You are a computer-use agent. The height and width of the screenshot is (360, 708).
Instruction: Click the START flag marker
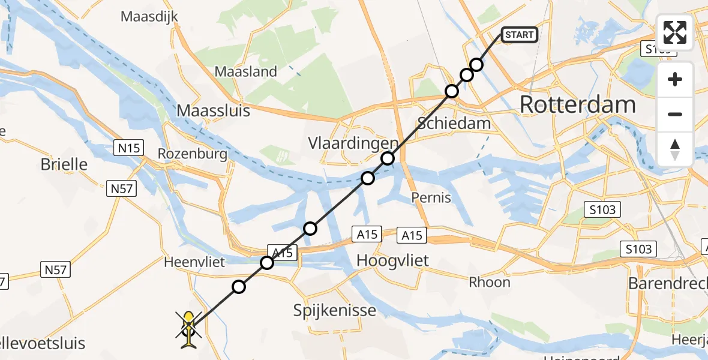tap(519, 35)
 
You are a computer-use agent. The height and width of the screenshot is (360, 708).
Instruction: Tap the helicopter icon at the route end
tap(189, 329)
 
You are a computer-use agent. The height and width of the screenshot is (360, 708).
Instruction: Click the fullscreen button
tap(675, 32)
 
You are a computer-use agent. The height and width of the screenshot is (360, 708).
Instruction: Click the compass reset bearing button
tap(675, 149)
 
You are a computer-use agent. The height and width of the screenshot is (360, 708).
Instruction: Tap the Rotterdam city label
tap(577, 104)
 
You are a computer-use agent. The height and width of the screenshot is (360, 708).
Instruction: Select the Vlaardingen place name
tap(352, 144)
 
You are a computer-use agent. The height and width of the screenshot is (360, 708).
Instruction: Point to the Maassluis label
tap(214, 111)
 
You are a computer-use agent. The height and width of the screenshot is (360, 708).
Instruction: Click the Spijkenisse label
tap(335, 310)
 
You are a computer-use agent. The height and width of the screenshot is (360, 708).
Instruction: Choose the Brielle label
tap(64, 164)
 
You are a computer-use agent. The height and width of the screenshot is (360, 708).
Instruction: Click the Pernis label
tap(431, 197)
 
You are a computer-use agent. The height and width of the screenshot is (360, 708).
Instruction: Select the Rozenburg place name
tap(192, 154)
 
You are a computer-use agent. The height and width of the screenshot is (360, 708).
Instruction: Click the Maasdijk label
tap(149, 16)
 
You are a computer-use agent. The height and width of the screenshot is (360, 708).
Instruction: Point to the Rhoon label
tap(490, 282)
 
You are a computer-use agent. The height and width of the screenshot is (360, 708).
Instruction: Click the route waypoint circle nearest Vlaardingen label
tap(388, 158)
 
